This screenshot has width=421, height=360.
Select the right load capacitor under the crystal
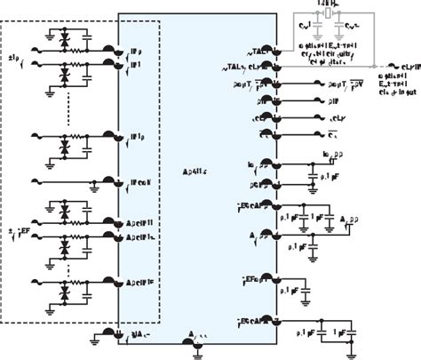[x=348, y=29]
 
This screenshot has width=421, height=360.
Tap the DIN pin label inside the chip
[x=265, y=123]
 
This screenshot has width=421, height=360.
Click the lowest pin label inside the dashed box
[x=141, y=284]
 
